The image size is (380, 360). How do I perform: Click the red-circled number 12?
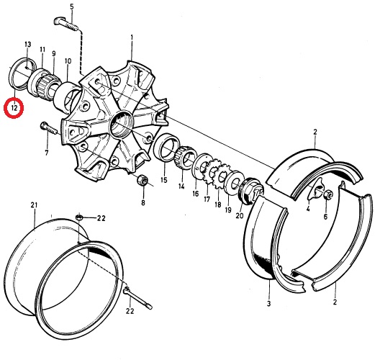tap(14, 107)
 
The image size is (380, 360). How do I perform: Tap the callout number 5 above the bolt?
tap(72, 7)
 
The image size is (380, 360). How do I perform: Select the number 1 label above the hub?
tap(132, 38)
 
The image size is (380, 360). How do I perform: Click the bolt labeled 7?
tap(48, 128)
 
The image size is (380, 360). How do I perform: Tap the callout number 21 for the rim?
tap(34, 205)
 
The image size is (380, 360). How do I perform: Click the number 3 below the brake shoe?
tap(268, 304)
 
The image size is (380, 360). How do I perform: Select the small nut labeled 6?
tap(328, 194)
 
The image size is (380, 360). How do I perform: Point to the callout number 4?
tap(308, 208)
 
